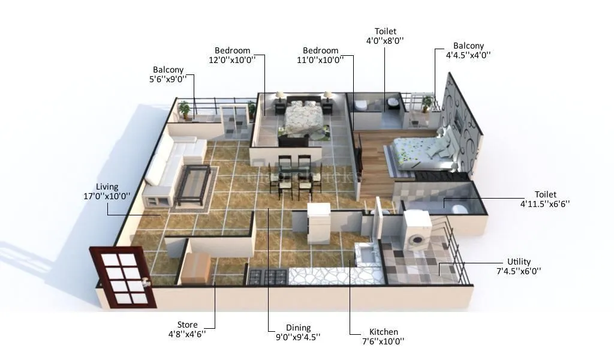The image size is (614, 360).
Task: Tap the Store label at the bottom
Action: (x=187, y=325)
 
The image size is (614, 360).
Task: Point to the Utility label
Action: (x=519, y=262)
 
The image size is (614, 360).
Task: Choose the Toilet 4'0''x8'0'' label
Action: (x=386, y=31)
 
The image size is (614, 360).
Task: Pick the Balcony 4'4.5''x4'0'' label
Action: (x=468, y=46)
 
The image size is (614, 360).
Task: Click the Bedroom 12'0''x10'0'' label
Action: (x=232, y=50)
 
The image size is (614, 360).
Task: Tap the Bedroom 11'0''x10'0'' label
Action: (x=320, y=50)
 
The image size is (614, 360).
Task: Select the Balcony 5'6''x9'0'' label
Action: (x=168, y=70)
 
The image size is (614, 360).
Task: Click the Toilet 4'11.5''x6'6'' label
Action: (x=546, y=194)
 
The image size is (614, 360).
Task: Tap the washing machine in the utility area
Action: (x=416, y=231)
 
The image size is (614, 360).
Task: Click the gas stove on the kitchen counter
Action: (x=268, y=277)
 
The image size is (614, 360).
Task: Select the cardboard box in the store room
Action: (x=195, y=268)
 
